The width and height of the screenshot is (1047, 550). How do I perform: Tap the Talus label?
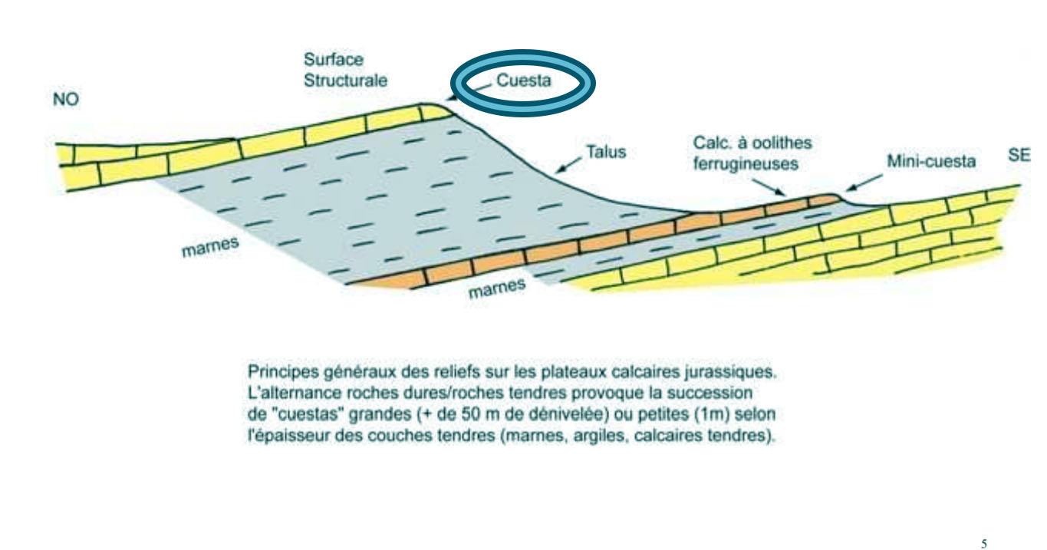point(606,153)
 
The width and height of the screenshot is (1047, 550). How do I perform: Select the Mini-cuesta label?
point(930,163)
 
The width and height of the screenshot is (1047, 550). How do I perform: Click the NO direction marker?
point(66,100)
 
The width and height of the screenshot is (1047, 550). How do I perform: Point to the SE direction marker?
point(1019,156)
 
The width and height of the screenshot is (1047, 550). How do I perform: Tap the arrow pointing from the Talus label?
point(571,163)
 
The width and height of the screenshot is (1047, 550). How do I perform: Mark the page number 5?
point(984,544)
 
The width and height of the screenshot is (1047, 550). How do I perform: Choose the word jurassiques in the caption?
point(736,372)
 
